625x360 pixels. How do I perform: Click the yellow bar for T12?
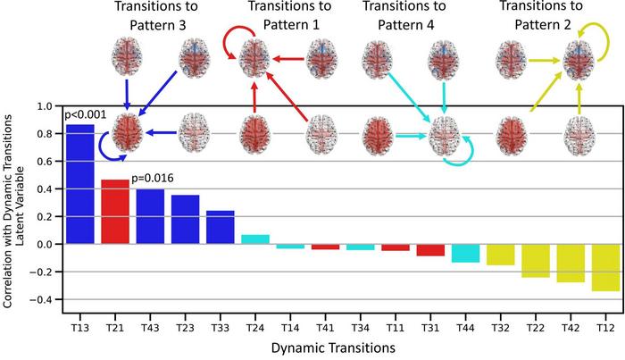[604, 267]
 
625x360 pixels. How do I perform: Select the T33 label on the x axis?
[220, 317]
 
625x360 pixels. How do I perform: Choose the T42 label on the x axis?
[570, 317]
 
